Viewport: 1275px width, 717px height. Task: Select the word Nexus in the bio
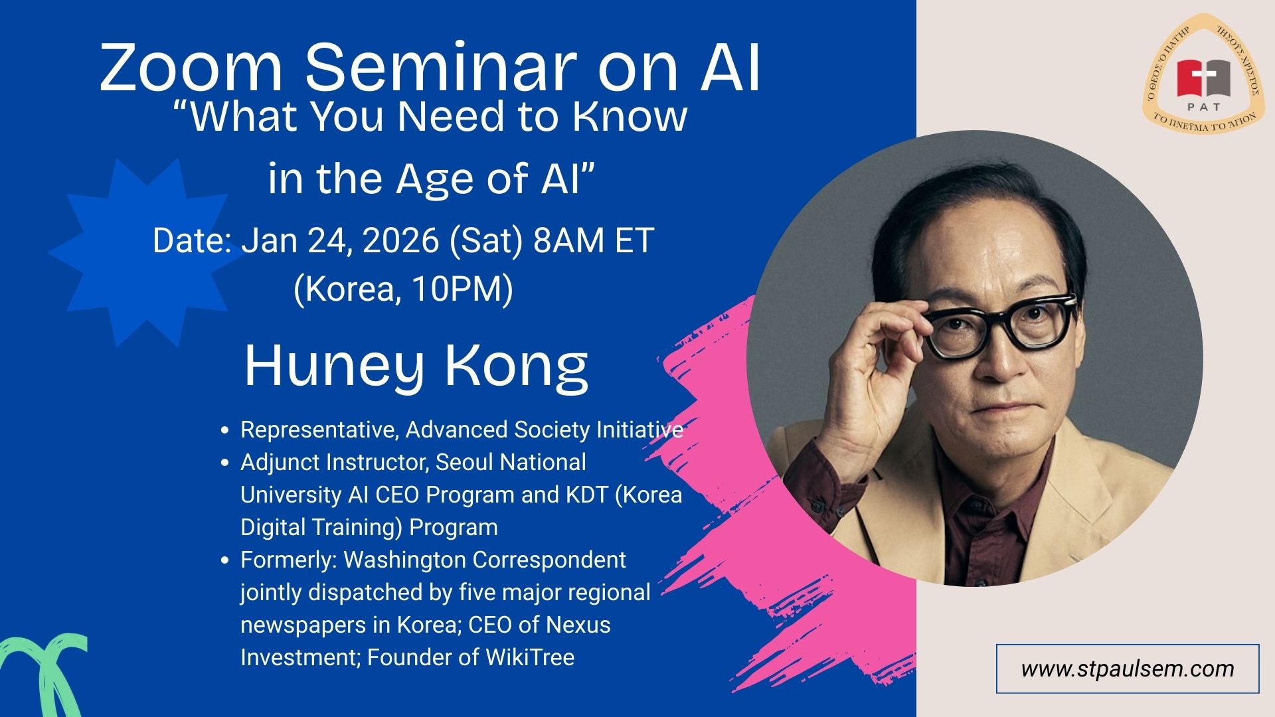(x=578, y=625)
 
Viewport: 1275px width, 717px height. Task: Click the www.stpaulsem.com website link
(x=1128, y=669)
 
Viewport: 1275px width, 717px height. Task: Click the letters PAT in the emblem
(x=1203, y=106)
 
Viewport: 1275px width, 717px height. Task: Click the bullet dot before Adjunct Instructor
(x=226, y=463)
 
